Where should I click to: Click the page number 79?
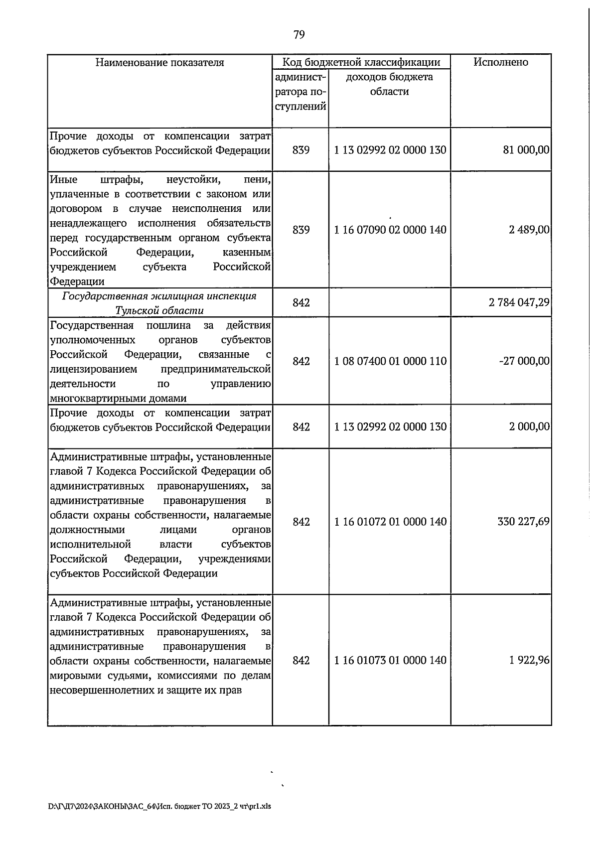299,34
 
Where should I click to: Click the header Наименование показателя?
159,62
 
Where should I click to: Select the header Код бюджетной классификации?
361,62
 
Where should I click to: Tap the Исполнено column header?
501,62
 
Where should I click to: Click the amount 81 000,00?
526,150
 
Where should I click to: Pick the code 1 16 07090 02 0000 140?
390,230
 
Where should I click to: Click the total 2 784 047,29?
520,302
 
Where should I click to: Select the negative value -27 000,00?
524,361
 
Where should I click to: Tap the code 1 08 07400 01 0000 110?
390,361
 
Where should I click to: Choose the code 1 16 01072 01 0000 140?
390,522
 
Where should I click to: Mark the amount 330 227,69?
523,522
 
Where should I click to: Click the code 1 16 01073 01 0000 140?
390,660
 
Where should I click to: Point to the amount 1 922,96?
529,660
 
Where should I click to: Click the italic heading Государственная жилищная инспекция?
159,296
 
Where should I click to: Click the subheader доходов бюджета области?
389,84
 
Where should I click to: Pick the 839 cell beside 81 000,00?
301,150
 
